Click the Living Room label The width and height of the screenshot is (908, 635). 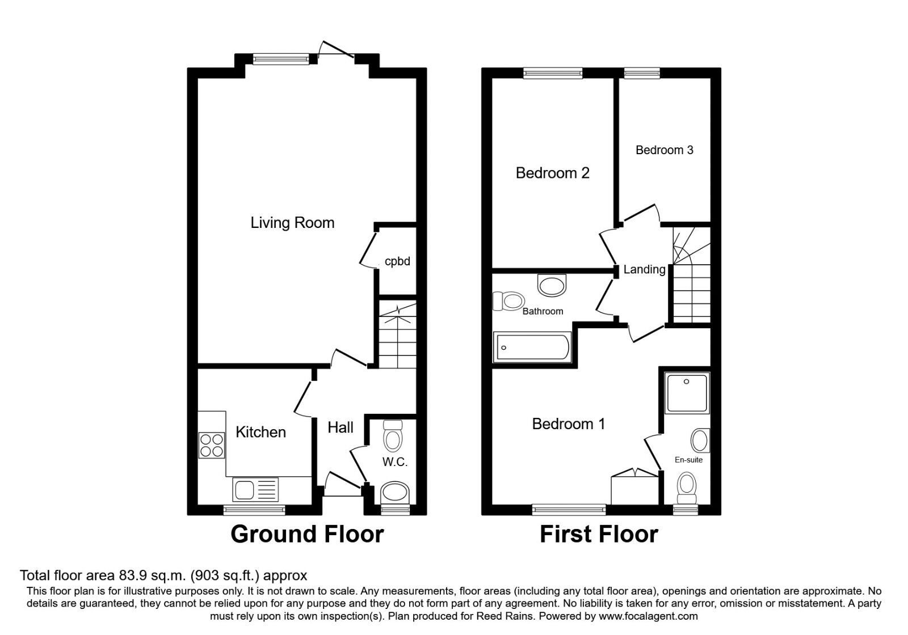click(x=292, y=223)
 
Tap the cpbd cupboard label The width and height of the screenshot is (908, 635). click(x=397, y=261)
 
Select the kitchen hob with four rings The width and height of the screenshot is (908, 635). click(x=211, y=445)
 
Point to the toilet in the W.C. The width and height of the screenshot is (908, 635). click(x=393, y=435)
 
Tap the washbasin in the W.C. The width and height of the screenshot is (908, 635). click(x=395, y=492)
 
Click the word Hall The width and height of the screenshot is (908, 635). click(x=340, y=427)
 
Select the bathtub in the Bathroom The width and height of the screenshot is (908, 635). click(x=532, y=347)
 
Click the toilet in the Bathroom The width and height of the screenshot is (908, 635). click(x=508, y=301)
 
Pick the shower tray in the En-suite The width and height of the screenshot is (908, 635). click(x=688, y=392)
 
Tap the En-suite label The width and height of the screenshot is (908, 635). click(x=688, y=460)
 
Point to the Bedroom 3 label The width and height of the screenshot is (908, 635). click(x=664, y=150)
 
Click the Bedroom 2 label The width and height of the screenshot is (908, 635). click(x=552, y=173)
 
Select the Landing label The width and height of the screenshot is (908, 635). click(x=644, y=270)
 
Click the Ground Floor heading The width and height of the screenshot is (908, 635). click(x=307, y=534)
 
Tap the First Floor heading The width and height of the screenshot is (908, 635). click(x=599, y=534)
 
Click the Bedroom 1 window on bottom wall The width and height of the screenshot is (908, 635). click(x=569, y=510)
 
